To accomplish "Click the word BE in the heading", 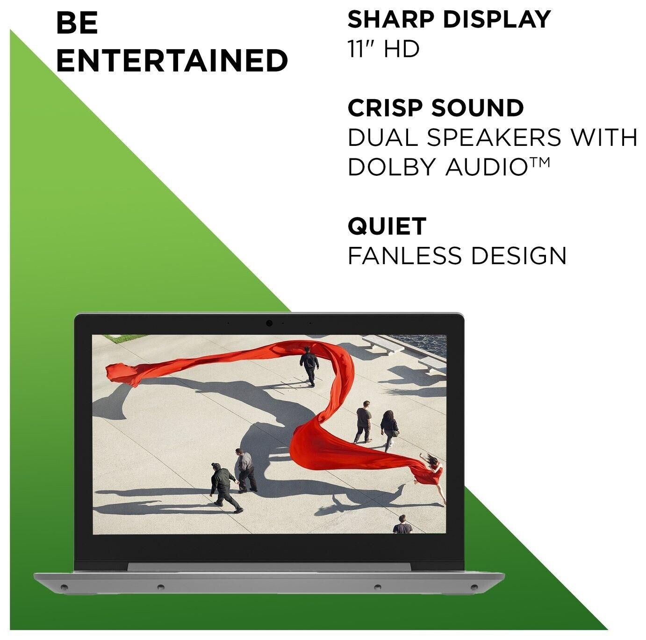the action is point(77,23).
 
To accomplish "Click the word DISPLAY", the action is point(497,19).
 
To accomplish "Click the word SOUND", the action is point(477,108).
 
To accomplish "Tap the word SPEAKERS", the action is point(494,137).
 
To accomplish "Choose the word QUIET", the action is point(387,226).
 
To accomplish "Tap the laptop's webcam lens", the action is point(269,324).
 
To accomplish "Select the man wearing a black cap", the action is point(224,488).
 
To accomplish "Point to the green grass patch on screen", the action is point(117,338).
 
